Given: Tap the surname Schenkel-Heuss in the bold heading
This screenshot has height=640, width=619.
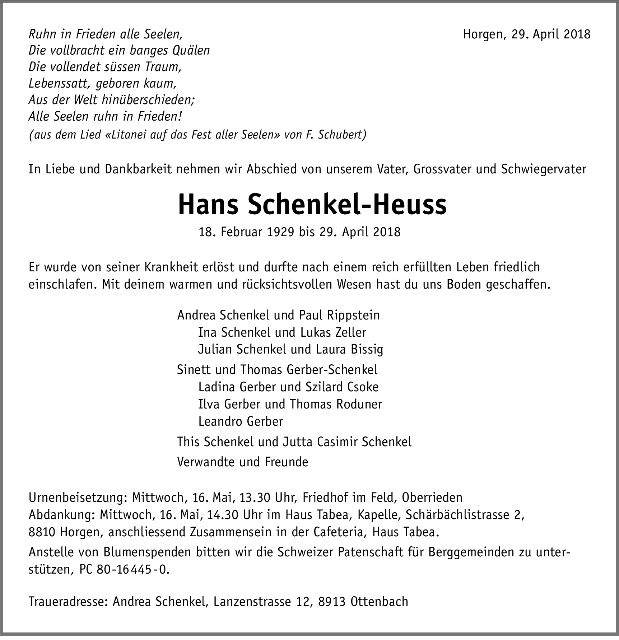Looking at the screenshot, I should [x=343, y=205].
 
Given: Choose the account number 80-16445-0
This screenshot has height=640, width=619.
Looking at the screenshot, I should [x=132, y=570].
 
